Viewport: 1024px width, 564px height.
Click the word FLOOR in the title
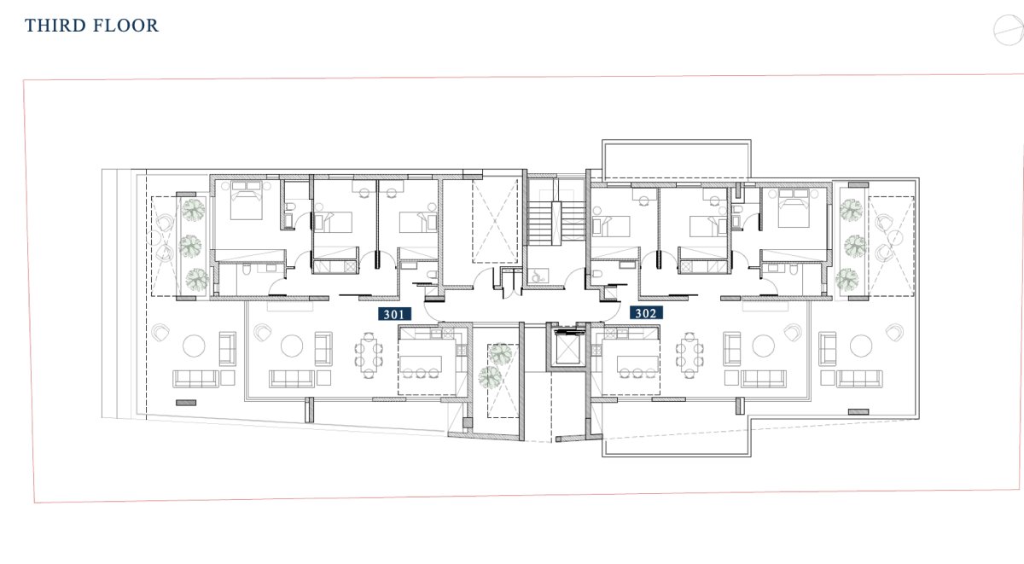[x=125, y=26]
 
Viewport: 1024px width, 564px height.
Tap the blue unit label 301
[x=394, y=314]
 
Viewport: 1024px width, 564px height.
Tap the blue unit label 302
[x=646, y=313]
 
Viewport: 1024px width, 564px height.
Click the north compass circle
[x=1009, y=30]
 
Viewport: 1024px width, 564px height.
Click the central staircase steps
[x=556, y=223]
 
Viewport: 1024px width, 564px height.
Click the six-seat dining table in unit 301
[x=369, y=355]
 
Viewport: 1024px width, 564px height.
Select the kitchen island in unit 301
[x=421, y=363]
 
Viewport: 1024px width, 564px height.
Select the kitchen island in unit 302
[x=637, y=363]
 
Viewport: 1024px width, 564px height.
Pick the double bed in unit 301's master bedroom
[x=247, y=201]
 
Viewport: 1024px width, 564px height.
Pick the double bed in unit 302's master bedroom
[x=794, y=208]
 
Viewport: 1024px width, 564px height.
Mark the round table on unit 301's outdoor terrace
[x=194, y=346]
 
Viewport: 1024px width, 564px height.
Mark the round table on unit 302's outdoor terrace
[x=861, y=346]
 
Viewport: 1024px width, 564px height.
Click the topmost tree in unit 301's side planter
[x=194, y=210]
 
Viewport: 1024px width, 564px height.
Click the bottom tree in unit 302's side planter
[x=847, y=279]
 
